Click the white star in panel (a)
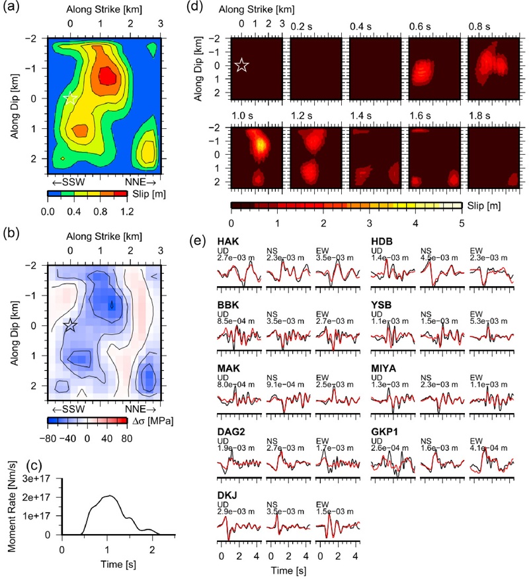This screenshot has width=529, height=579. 70,98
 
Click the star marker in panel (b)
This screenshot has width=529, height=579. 70,325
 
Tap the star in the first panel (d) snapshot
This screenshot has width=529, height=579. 241,65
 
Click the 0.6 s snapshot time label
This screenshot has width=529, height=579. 420,26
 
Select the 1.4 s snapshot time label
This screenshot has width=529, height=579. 361,116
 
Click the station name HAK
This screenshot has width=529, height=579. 228,241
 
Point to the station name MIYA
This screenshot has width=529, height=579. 384,368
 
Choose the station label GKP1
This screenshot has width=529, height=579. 384,432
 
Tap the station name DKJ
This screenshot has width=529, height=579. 227,495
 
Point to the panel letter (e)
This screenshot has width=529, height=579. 198,241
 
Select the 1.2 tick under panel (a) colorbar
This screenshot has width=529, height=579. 127,212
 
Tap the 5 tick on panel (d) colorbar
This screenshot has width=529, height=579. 462,223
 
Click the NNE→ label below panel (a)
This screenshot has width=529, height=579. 140,182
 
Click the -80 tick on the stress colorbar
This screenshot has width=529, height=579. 48,438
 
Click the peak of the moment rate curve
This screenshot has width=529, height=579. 109,496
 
